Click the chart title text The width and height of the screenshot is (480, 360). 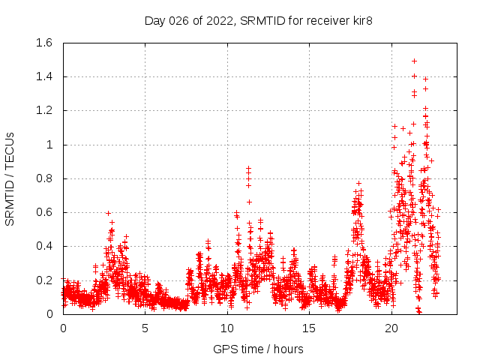point(259,20)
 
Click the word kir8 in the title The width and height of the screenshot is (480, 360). point(361,20)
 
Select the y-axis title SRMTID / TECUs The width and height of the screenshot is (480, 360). point(10,178)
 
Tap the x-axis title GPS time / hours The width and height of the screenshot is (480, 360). point(259,349)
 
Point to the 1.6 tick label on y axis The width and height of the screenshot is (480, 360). point(43,43)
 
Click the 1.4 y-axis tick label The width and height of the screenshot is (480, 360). point(43,76)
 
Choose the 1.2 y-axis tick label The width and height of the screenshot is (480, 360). point(43,110)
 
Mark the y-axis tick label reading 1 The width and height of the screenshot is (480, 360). point(49,145)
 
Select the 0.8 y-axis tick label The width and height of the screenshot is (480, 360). point(43,178)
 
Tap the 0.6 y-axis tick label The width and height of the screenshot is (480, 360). point(43,212)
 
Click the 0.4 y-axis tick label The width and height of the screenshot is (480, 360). point(43,246)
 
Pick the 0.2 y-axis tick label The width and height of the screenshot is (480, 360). point(43,280)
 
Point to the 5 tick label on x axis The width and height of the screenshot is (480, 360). point(145,328)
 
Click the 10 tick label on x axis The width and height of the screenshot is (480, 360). point(227,328)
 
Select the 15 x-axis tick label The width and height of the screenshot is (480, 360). point(310,328)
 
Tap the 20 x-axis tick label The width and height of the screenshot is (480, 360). point(391,328)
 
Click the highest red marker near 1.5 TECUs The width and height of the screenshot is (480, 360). point(414,61)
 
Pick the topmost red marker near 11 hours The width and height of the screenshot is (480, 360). point(248,169)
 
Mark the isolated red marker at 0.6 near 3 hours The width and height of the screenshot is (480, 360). point(108,213)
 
